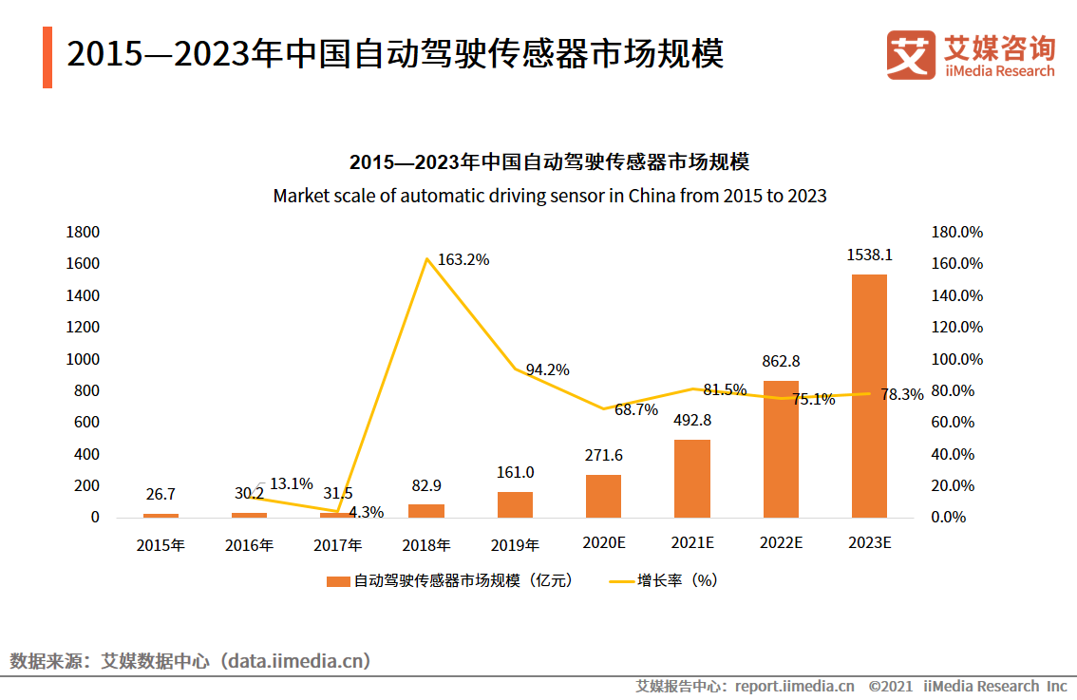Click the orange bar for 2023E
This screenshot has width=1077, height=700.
pyautogui.click(x=869, y=396)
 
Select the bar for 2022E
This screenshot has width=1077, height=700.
pyautogui.click(x=781, y=449)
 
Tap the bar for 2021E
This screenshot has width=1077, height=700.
pyautogui.click(x=692, y=479)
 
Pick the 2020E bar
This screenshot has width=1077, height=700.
pyautogui.click(x=603, y=496)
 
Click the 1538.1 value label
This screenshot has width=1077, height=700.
pyautogui.click(x=869, y=255)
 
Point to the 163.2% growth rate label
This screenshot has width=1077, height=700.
pyautogui.click(x=463, y=259)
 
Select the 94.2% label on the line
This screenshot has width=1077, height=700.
pyautogui.click(x=548, y=369)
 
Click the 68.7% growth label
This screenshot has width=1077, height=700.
pyautogui.click(x=635, y=410)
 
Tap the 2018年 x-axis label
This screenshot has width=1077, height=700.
pyautogui.click(x=426, y=545)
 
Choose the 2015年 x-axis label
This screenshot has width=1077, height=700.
pyautogui.click(x=161, y=545)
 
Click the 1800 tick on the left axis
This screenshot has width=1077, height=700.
pyautogui.click(x=84, y=232)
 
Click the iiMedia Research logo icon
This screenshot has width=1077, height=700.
pyautogui.click(x=911, y=55)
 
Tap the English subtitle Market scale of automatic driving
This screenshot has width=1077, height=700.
pyautogui.click(x=549, y=196)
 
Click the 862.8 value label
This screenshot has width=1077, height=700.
pyautogui.click(x=781, y=361)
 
